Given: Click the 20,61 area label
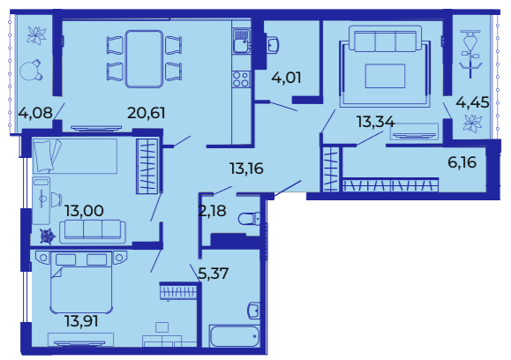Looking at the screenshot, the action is coord(147,113).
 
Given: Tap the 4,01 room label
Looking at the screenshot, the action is coord(286,78).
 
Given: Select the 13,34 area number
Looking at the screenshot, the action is coord(375,122).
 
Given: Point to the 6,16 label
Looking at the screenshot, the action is coord(462,162).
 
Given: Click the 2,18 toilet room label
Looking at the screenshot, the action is coord(212,211).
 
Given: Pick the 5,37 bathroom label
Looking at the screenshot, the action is coord(214,274).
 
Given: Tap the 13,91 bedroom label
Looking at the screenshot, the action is coord(81,321).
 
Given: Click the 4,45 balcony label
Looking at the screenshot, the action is coord(472,102).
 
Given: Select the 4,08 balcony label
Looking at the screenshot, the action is coord(35,113).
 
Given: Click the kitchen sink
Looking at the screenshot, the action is coord(241,41).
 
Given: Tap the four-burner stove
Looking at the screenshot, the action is coord(241,79).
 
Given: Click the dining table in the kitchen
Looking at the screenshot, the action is coord(144,59).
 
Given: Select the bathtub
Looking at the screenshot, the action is coord(235,336).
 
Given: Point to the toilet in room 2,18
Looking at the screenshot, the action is coord(249,219).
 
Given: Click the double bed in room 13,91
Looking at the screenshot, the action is coord(81,281).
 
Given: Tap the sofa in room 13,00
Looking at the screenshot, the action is coord(93,232).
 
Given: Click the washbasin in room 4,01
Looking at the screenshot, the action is coord(273,45).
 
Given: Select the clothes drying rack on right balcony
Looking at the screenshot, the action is coord(470,54).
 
